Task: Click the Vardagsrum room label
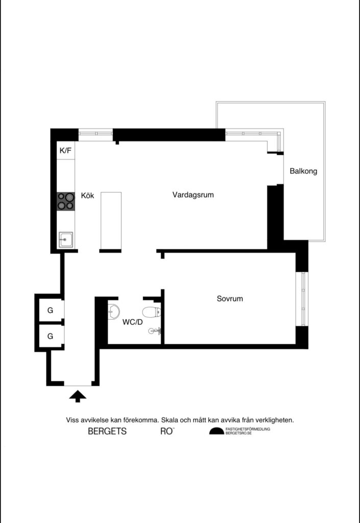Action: tap(193, 195)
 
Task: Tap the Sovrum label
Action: tap(230, 298)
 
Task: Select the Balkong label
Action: tap(303, 171)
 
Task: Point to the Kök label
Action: tap(88, 196)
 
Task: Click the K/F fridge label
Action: tap(66, 151)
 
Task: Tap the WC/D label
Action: tap(132, 322)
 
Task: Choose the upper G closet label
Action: tap(50, 310)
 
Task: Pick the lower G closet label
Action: tap(50, 336)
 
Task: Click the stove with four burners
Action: tap(66, 201)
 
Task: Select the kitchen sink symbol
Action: tap(65, 239)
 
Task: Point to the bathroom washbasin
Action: tap(114, 311)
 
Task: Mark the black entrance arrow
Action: tap(77, 396)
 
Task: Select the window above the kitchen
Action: tap(95, 135)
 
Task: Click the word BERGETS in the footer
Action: tap(107, 432)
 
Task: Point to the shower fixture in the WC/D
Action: tap(155, 331)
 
